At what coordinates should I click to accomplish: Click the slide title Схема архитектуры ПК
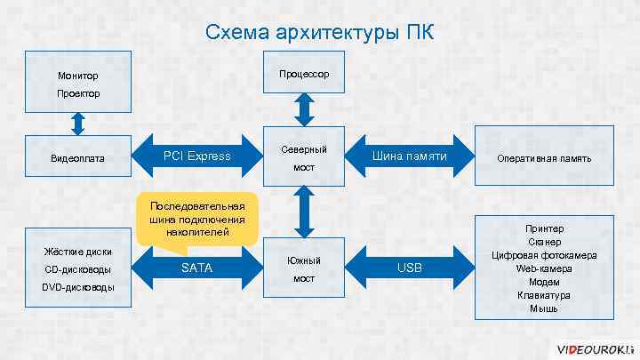[x=320, y=33]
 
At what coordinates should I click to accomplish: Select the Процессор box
[x=304, y=73]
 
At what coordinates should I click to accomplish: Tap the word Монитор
[x=78, y=76]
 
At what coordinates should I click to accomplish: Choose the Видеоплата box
[x=78, y=158]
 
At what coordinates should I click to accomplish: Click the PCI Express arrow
[x=196, y=156]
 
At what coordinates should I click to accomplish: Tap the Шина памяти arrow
[x=409, y=157]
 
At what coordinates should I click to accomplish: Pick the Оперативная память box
[x=545, y=158]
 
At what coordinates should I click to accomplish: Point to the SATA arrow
[x=196, y=268]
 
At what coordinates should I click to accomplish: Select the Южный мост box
[x=304, y=268]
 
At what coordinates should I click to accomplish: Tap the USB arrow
[x=409, y=268]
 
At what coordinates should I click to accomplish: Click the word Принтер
[x=544, y=228]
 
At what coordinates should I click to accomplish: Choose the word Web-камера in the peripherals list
[x=544, y=268]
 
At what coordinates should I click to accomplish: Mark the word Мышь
[x=544, y=308]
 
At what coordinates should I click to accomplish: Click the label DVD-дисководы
[x=78, y=287]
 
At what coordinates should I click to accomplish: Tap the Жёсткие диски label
[x=78, y=251]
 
